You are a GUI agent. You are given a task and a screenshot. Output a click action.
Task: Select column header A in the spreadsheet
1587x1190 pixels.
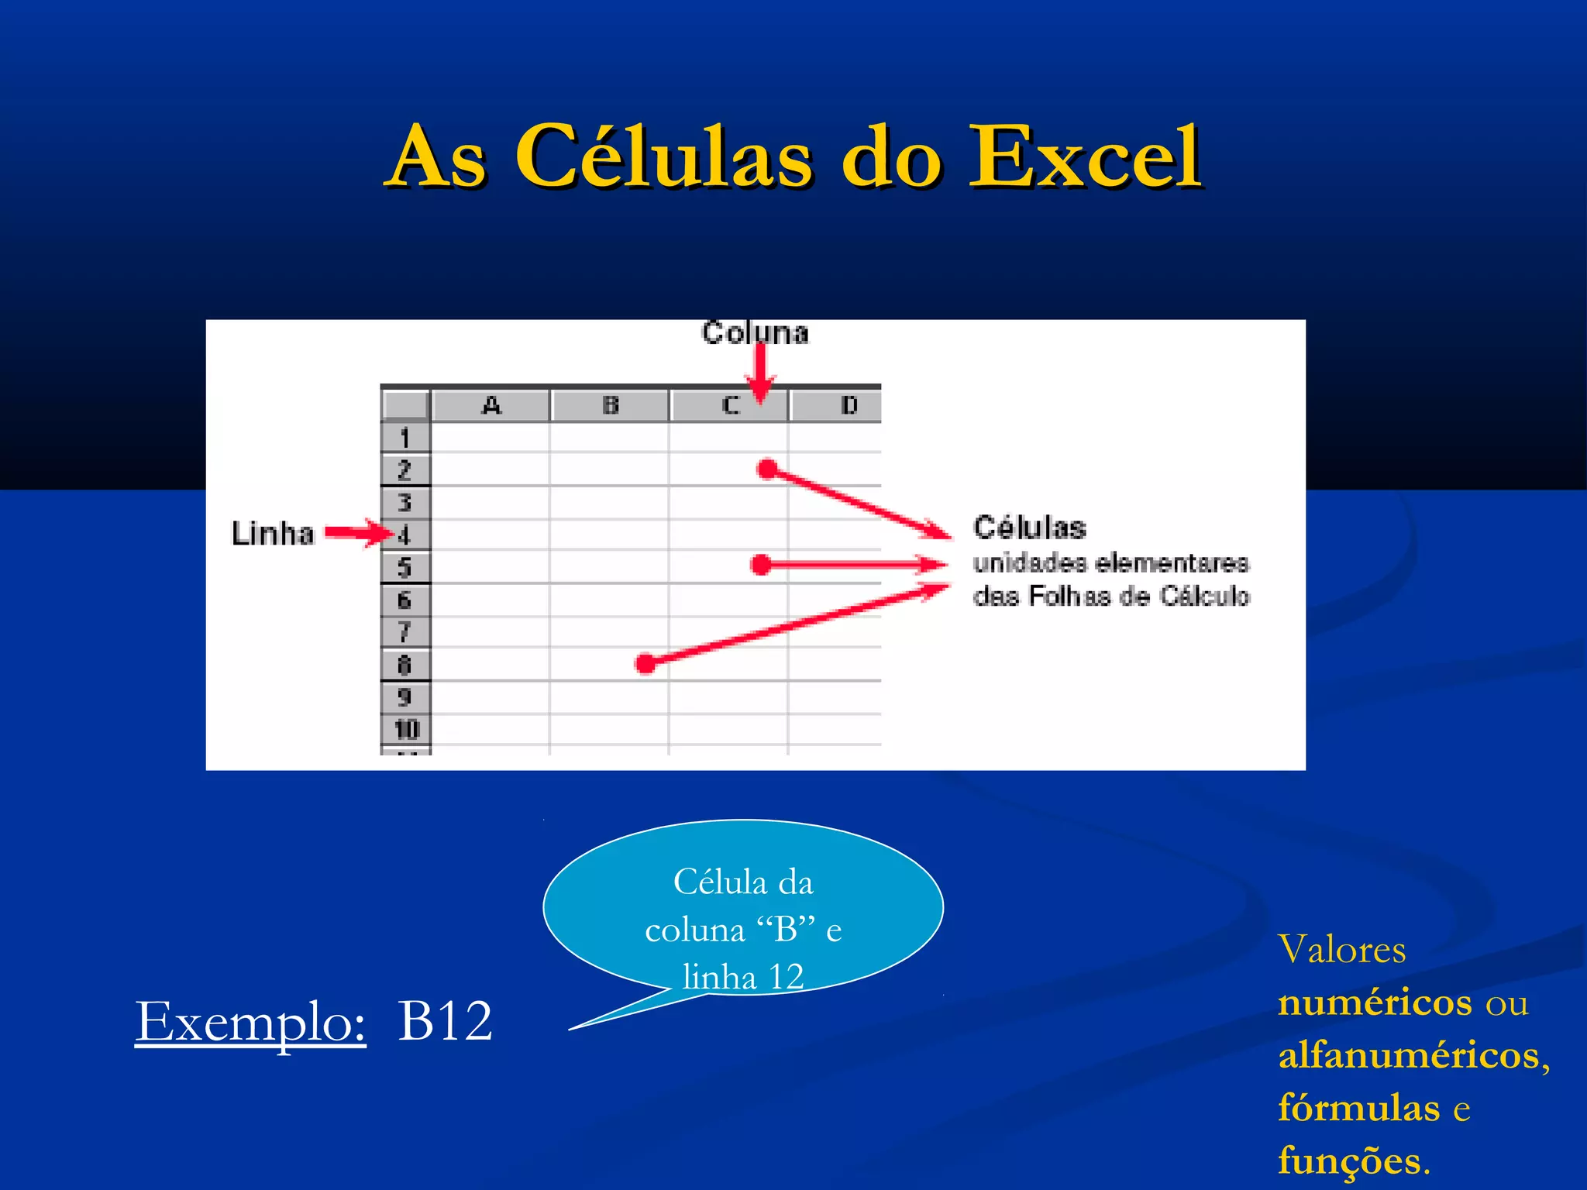coord(491,405)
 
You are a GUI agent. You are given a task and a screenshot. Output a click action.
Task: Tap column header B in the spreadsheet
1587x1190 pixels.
coord(611,405)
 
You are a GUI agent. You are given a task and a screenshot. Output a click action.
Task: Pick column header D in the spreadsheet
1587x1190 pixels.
coord(849,405)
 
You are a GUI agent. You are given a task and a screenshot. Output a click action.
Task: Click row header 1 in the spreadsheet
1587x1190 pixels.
coord(404,438)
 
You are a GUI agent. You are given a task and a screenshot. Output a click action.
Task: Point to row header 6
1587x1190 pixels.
coord(404,600)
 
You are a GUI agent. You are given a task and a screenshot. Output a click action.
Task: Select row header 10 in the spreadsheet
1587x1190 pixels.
coord(406,729)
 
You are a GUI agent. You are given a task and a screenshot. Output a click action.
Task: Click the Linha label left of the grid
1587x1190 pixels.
coord(273,534)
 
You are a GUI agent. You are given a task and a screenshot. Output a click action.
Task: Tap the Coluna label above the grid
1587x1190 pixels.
coord(755,333)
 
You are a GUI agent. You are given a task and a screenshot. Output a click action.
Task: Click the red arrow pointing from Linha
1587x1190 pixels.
coord(358,533)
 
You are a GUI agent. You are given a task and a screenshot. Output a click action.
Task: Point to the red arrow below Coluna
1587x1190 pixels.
coord(761,372)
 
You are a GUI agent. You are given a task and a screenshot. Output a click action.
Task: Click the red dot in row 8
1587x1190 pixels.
coord(645,663)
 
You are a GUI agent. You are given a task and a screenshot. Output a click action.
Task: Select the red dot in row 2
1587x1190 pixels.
coord(767,469)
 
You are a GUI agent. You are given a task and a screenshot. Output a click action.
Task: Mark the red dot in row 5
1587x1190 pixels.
coord(762,565)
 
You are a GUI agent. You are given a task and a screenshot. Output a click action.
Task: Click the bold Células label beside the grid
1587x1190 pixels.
coord(1030,528)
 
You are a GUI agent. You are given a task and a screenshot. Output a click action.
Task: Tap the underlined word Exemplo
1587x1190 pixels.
coord(250,1022)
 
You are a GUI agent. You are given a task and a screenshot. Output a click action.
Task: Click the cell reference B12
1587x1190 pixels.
coord(445,1020)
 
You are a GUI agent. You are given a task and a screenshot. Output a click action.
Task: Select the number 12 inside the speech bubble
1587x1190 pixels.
coord(786,977)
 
